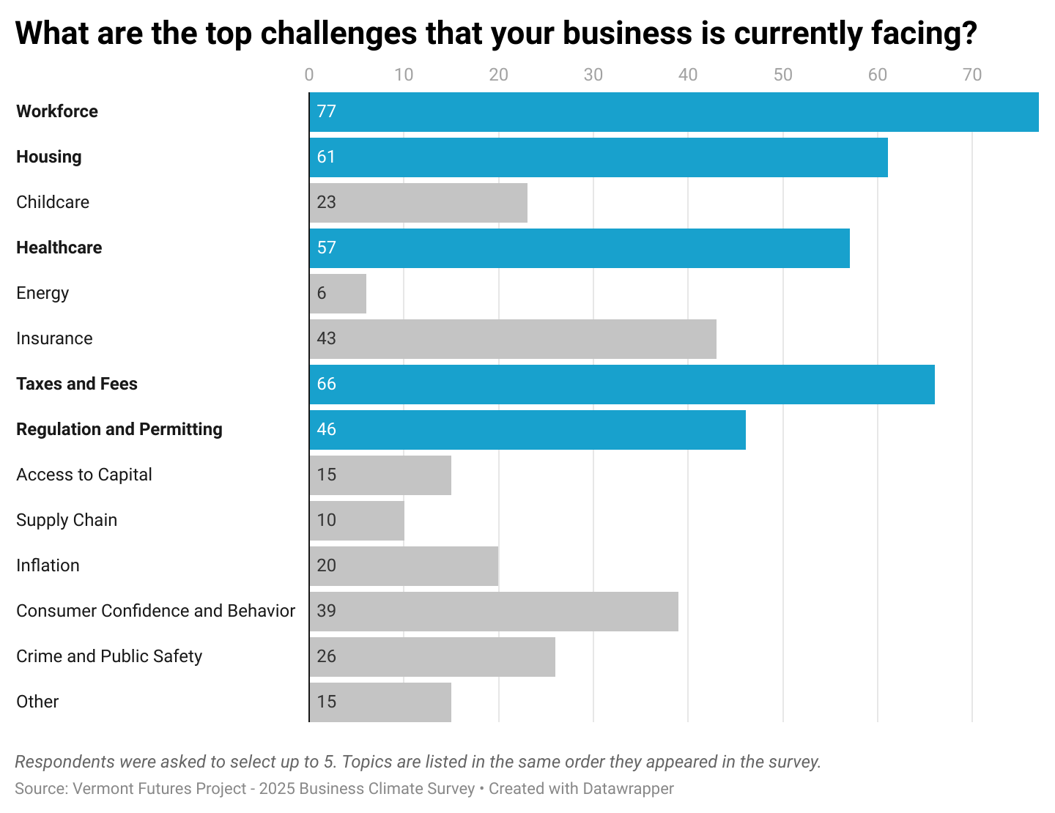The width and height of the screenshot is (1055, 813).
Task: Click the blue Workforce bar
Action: tap(674, 112)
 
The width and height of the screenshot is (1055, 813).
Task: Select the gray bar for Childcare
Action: tap(418, 203)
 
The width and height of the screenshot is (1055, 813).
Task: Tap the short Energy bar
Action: tap(338, 294)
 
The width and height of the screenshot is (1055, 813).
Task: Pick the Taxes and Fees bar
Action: tap(622, 385)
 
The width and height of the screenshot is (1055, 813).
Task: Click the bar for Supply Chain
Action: tap(357, 521)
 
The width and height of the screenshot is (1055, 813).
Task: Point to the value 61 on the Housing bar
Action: tap(326, 157)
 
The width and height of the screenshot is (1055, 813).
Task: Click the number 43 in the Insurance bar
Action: tap(327, 339)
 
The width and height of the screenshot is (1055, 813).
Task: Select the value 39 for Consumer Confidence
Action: tap(327, 612)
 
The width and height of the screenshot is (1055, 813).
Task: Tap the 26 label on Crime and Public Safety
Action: tap(327, 657)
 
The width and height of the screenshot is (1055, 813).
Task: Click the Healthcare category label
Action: tap(59, 248)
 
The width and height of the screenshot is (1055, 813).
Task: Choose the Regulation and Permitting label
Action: tap(119, 430)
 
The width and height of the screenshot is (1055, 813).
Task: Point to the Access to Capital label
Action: tap(84, 475)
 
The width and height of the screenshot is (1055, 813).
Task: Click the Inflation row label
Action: tap(48, 566)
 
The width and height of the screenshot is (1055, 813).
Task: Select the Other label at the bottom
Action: tap(37, 702)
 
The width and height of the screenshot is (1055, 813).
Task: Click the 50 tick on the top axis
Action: tap(782, 75)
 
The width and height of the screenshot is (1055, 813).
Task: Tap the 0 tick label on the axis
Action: tap(309, 75)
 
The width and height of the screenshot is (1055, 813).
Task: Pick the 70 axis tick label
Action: tap(972, 75)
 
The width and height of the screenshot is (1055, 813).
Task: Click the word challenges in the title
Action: tap(338, 34)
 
